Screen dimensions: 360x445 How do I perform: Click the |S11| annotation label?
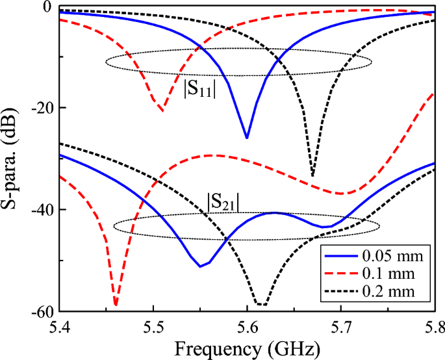pos(200,90)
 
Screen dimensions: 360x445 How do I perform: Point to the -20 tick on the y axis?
pos(40,108)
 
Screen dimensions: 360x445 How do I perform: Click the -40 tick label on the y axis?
pos(40,209)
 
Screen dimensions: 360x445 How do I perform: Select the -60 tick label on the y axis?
pos(40,311)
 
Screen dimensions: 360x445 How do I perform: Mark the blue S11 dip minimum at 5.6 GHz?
pos(247,138)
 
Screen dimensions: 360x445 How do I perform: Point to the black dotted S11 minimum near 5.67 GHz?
pos(312,175)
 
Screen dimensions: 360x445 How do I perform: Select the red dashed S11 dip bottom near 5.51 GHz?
pos(162,111)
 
